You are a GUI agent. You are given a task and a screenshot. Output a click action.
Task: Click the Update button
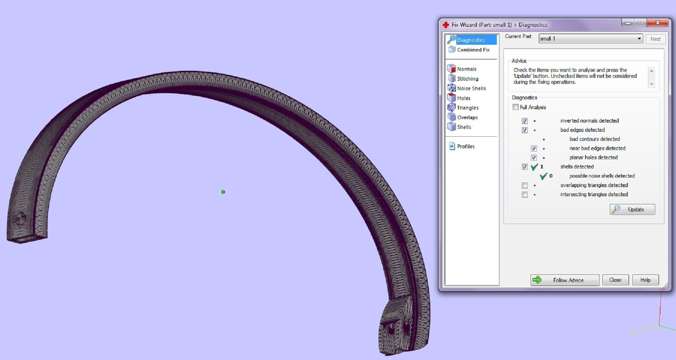(632, 210)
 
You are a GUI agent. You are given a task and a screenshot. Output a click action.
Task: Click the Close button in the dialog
(615, 280)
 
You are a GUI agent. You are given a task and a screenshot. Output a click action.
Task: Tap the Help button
(645, 280)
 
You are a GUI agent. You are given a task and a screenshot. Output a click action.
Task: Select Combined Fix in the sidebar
(473, 50)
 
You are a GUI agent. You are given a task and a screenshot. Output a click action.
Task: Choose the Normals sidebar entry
(467, 69)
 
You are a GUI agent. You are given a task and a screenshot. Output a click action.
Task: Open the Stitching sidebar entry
(467, 79)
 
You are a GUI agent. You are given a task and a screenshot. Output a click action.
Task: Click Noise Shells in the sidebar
(471, 88)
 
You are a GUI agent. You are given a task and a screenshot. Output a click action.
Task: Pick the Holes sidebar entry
(463, 98)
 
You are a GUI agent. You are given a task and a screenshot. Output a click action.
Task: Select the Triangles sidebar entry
(467, 108)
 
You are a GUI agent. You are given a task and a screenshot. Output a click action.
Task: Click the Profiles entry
(465, 147)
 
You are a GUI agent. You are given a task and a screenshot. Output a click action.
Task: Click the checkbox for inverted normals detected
(525, 121)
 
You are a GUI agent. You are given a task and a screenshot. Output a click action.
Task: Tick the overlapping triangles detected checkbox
(525, 185)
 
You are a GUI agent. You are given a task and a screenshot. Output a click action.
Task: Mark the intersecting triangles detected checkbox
(525, 194)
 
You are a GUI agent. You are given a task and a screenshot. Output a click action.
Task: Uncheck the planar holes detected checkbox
(534, 157)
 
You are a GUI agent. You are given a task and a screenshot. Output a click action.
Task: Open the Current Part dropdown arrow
(639, 39)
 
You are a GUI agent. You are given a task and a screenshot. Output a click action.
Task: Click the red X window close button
(657, 23)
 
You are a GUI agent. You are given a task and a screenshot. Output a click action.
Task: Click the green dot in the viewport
(223, 192)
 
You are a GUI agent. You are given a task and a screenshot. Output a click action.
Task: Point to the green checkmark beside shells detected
(534, 167)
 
